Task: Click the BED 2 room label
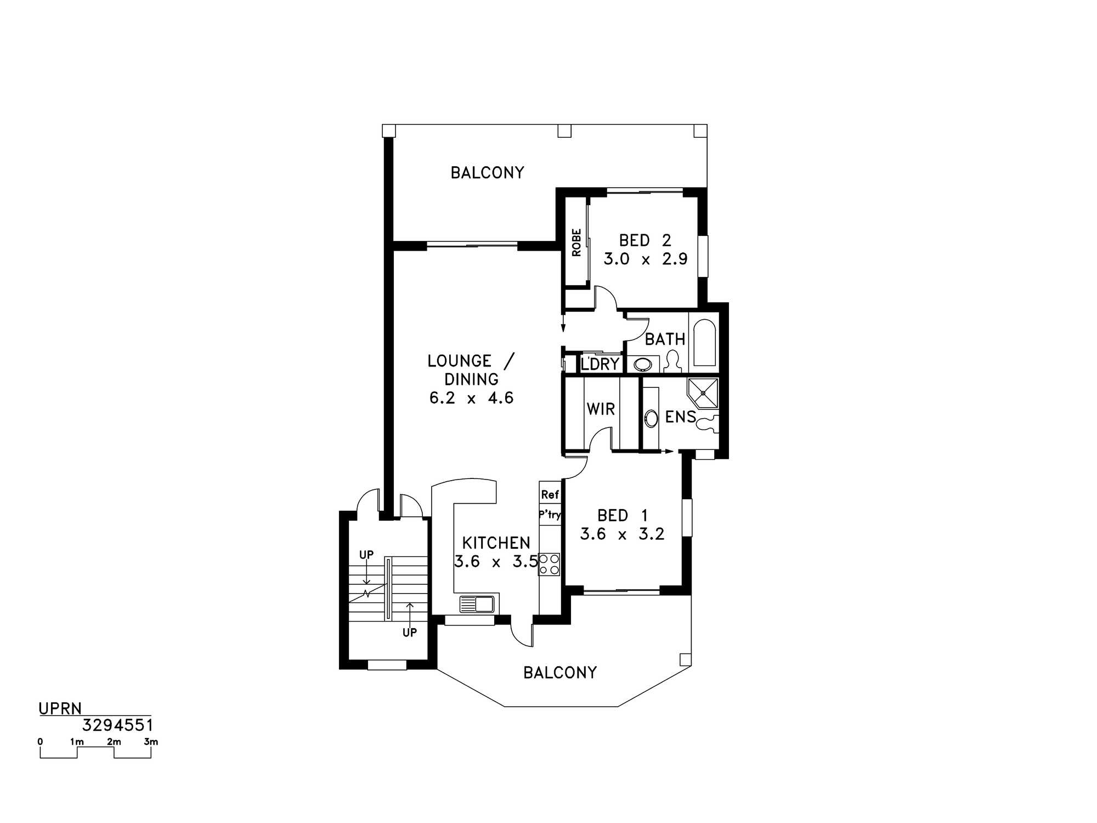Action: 645,240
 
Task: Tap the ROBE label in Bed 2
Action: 576,243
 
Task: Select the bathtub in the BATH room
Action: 705,343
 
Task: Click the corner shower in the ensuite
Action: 703,393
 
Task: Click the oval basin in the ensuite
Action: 651,419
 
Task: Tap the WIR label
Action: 601,409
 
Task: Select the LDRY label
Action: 600,364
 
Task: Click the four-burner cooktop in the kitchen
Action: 549,565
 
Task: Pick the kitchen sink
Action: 477,604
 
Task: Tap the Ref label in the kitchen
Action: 550,494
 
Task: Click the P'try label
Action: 550,515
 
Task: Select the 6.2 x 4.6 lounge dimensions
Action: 471,398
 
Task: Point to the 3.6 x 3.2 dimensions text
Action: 622,534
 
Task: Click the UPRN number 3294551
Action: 117,725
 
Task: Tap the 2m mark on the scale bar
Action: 114,742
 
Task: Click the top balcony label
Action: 487,173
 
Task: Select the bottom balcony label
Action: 560,673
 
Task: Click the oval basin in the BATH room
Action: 639,364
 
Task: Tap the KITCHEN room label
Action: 496,543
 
